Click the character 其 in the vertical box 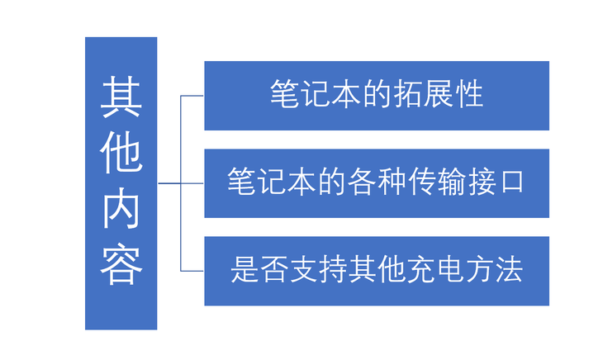pyautogui.click(x=121, y=97)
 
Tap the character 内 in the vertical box pyautogui.click(x=121, y=210)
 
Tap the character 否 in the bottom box pyautogui.click(x=275, y=271)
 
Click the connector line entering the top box pyautogui.click(x=192, y=96)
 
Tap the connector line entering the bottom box pyautogui.click(x=192, y=271)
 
